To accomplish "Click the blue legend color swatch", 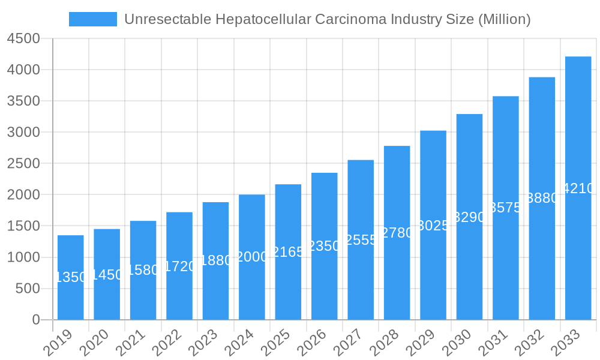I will coord(93,19).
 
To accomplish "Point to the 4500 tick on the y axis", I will coord(23,38).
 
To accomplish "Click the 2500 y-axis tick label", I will coord(23,163).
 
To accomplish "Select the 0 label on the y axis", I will coord(36,320).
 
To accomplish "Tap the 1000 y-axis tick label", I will coord(23,257).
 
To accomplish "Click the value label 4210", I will coord(578,188).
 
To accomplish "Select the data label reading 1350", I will coord(71,277).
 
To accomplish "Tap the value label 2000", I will coord(252,257).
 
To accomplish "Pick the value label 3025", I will coord(433,226).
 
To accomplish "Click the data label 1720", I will coord(179,266).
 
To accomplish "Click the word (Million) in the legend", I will coord(504,19).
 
